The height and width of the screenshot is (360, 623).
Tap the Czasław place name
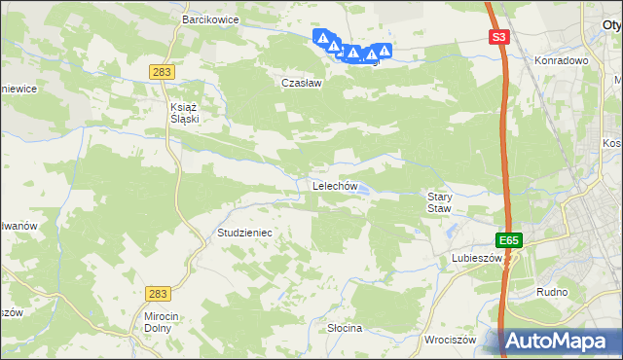coord(301,83)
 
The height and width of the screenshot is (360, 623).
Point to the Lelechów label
coord(336,186)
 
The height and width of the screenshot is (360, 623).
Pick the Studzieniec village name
coord(244,234)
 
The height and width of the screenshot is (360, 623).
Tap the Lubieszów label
coord(475,259)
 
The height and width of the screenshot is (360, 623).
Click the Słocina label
coord(345,328)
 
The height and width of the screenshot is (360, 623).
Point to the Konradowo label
coord(563,60)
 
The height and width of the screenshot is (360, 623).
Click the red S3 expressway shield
coord(498,38)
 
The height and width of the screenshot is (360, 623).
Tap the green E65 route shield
coord(507,240)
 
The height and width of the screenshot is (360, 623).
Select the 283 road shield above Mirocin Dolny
coord(159,293)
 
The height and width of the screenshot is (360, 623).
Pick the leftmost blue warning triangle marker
coord(322,38)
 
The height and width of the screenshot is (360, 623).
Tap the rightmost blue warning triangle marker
coord(385,51)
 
